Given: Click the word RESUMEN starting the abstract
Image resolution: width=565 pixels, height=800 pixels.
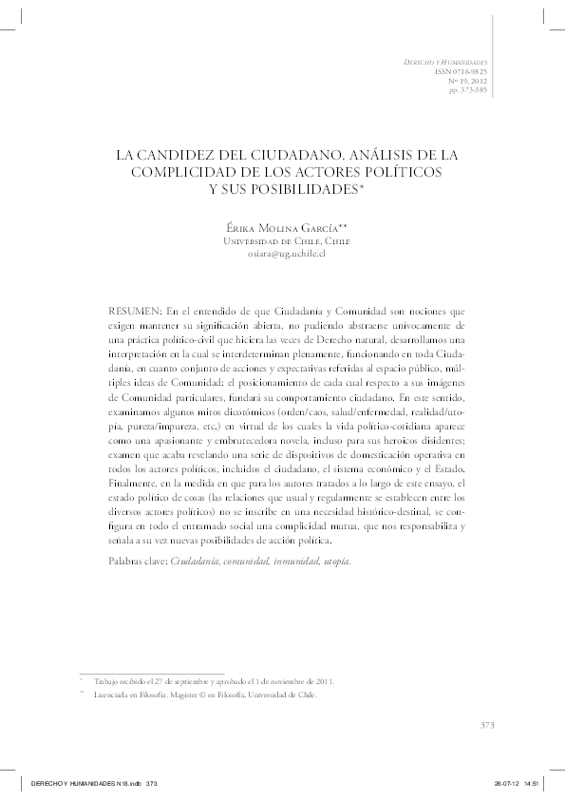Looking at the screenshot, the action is [x=137, y=310].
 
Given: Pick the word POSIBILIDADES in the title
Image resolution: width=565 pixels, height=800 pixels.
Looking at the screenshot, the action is [x=282, y=187].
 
